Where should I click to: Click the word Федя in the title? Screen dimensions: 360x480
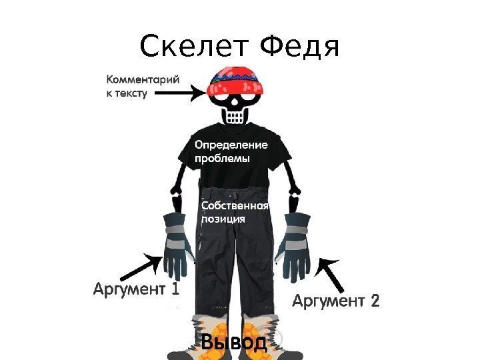click(x=300, y=47)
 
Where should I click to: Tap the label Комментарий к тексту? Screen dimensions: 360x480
click(x=142, y=86)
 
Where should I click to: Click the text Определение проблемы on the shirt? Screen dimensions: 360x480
click(x=230, y=151)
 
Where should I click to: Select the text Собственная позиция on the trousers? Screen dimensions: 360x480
click(x=234, y=212)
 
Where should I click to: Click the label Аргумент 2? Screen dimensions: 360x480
click(x=336, y=302)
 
